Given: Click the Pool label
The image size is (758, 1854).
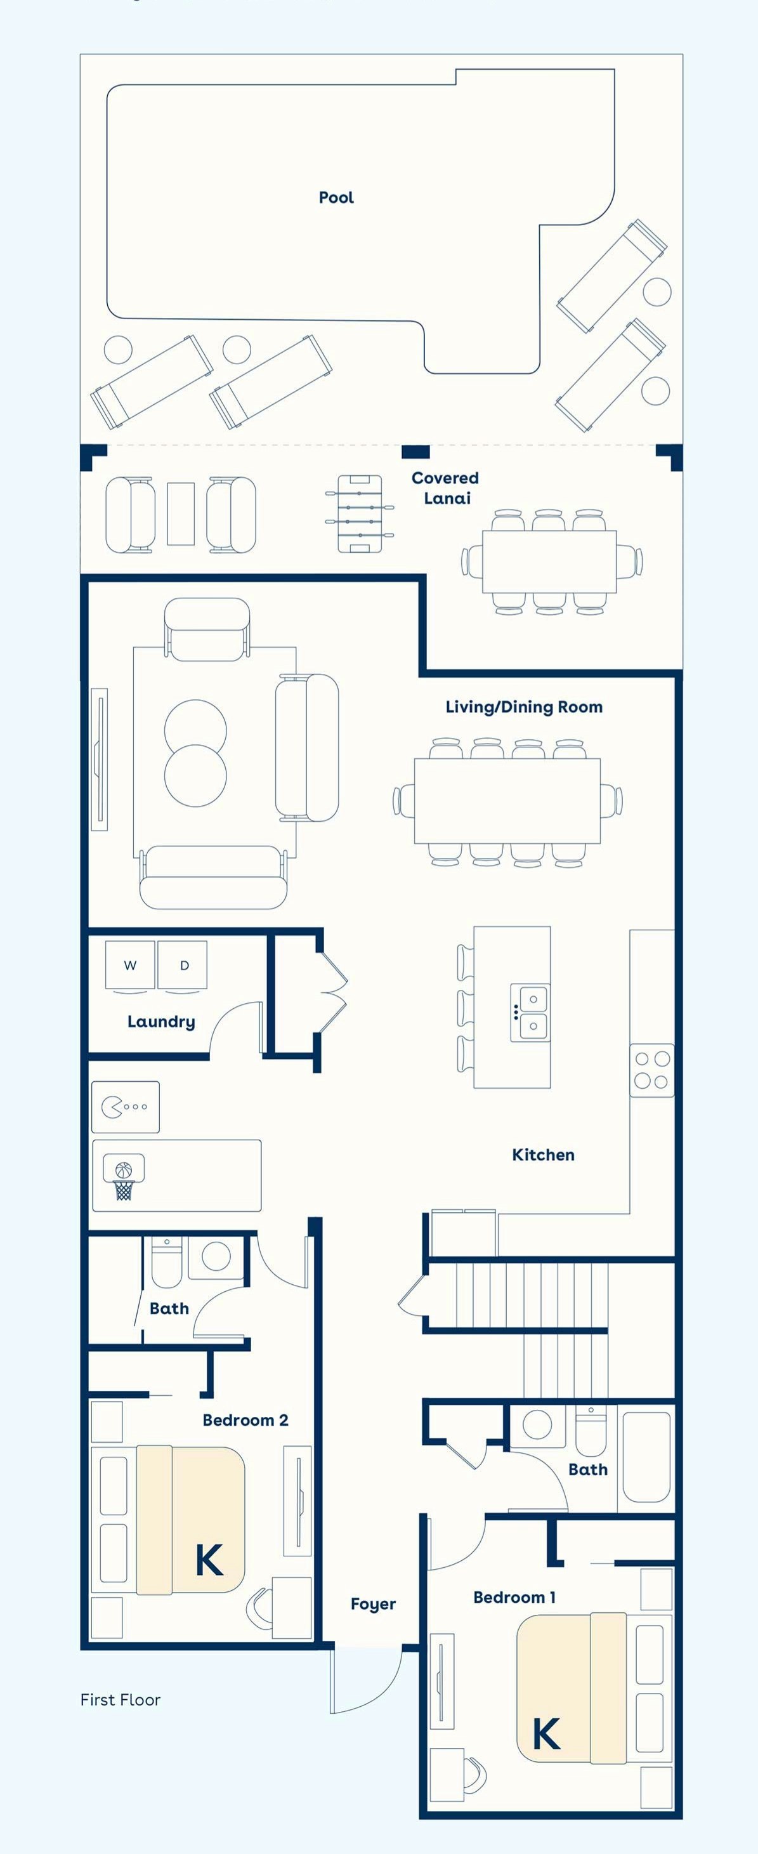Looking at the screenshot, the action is click(336, 197).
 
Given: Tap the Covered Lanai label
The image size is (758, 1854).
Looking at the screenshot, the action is click(445, 488).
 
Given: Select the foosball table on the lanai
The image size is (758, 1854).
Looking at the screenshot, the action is click(360, 513).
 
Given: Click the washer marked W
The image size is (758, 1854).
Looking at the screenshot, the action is click(129, 965).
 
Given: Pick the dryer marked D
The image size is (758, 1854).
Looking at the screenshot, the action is click(183, 965).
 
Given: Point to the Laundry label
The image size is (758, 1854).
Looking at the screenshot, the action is click(161, 1022).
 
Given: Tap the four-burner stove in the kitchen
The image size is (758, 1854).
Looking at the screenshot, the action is click(652, 1070).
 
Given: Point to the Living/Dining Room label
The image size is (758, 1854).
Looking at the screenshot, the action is click(524, 707).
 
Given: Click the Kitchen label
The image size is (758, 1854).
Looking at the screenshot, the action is click(544, 1155).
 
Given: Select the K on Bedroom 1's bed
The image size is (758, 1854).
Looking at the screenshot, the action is click(546, 1734).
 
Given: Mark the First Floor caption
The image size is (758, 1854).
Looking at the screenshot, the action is click(121, 1700).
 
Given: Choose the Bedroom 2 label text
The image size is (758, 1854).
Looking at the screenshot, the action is click(245, 1420).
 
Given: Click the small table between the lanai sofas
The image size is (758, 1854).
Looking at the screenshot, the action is click(181, 514).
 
